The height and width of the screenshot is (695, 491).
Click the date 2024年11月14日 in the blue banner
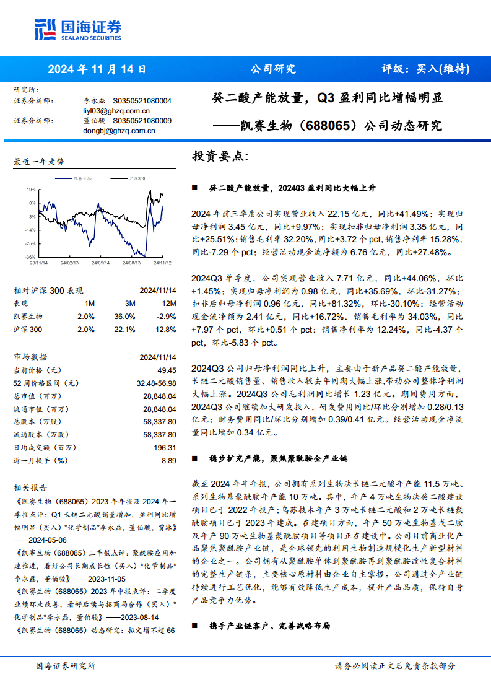click(97, 69)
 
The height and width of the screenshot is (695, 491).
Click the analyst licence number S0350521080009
click(142, 121)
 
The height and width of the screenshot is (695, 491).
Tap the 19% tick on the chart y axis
click(30, 189)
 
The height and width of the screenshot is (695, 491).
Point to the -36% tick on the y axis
click(30, 257)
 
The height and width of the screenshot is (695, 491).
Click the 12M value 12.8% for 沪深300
click(166, 329)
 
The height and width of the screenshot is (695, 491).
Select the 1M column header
click(90, 303)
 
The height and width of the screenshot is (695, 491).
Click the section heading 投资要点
click(220, 157)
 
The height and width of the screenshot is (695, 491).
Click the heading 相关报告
click(30, 487)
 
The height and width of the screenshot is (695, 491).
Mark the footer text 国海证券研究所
click(66, 666)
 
